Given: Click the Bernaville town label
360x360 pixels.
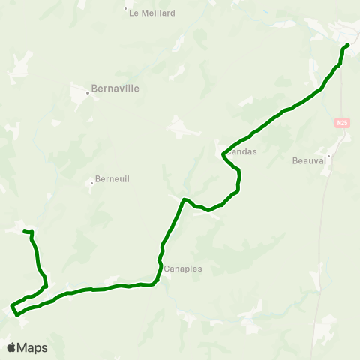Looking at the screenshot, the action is pos(115,87).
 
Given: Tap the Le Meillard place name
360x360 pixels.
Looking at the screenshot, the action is pos(152,13).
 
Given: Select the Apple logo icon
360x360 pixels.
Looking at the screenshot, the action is pos(11,347).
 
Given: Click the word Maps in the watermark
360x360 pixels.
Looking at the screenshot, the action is pos(32,347).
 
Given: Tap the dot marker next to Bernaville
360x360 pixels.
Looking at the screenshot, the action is pos(88,93).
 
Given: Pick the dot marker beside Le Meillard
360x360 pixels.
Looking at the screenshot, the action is pos(126,10).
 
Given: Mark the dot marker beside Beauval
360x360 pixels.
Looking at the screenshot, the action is pos(328,157).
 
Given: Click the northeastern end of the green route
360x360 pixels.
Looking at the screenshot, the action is pos(348,44).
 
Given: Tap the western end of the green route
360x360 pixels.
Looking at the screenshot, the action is pos(25,231).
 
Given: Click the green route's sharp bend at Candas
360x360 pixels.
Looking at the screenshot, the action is pos(223,155).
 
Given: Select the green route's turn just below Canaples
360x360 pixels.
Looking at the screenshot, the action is pos(154,283).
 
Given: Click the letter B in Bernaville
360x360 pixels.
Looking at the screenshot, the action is pos(94,87).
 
